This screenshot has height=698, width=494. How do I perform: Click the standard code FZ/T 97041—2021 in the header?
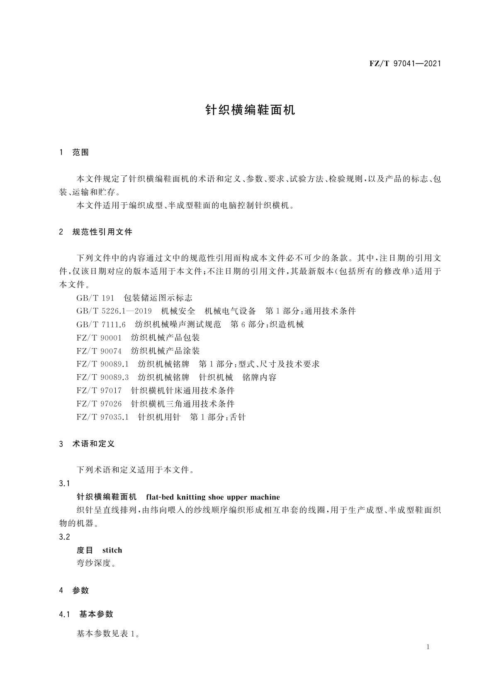click(x=404, y=63)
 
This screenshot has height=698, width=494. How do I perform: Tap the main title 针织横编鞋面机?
click(x=251, y=110)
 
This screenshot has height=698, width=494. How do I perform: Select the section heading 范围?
click(x=80, y=153)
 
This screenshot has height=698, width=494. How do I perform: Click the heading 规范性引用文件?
click(x=102, y=232)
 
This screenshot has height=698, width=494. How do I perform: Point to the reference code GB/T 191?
click(x=95, y=298)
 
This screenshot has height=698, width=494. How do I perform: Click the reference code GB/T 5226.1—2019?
click(x=114, y=311)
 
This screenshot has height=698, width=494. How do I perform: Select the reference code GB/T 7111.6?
click(x=101, y=325)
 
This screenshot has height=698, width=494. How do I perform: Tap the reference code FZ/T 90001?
click(x=99, y=338)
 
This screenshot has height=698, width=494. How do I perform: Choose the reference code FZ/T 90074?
click(x=99, y=351)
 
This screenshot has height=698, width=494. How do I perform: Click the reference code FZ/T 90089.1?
click(x=102, y=364)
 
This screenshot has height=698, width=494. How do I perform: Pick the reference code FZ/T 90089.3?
click(x=102, y=378)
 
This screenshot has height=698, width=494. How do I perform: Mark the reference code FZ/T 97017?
click(x=99, y=390)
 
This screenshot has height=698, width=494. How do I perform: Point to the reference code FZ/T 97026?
click(x=99, y=404)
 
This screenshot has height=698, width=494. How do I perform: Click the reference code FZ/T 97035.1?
click(x=102, y=417)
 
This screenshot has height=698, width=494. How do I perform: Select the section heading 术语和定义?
click(x=93, y=444)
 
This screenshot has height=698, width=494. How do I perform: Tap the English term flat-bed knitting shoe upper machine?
click(x=213, y=497)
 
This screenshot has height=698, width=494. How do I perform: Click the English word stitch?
click(x=112, y=550)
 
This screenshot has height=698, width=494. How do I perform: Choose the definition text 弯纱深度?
click(x=94, y=563)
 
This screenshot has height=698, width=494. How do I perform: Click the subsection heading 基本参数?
click(x=96, y=614)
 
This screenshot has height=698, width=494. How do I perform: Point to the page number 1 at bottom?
click(x=428, y=647)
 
